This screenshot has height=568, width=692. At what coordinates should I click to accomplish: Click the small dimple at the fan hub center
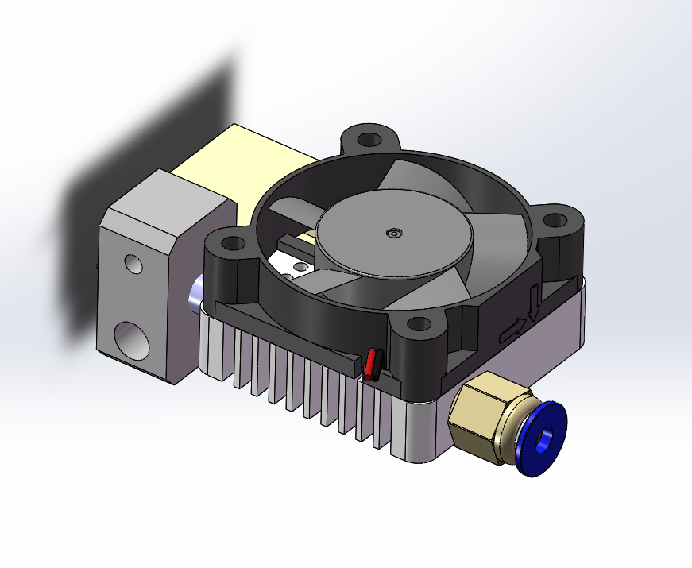coord(392,233)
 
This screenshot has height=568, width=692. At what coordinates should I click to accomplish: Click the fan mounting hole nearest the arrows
coord(555,221)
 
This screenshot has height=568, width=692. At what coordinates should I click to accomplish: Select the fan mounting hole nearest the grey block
coord(231,244)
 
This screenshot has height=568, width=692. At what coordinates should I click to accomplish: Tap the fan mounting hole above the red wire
coord(416,324)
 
